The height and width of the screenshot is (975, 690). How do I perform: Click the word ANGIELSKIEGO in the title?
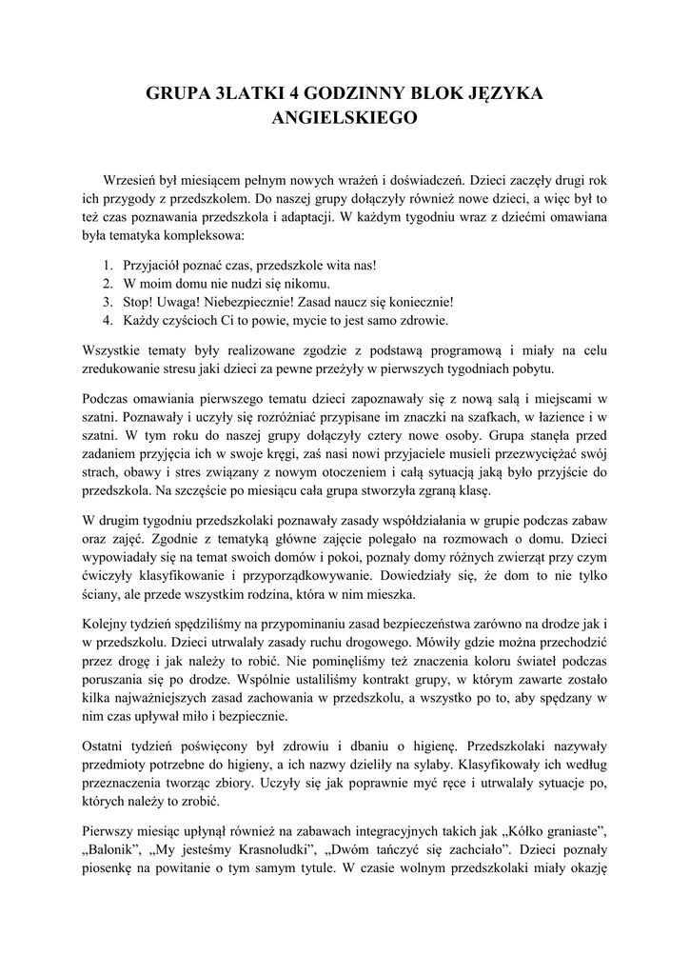(345, 120)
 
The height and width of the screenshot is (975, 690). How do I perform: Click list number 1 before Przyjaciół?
(107, 266)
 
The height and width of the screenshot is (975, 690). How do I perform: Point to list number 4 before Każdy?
(107, 320)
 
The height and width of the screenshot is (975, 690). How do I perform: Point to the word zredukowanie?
(122, 368)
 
